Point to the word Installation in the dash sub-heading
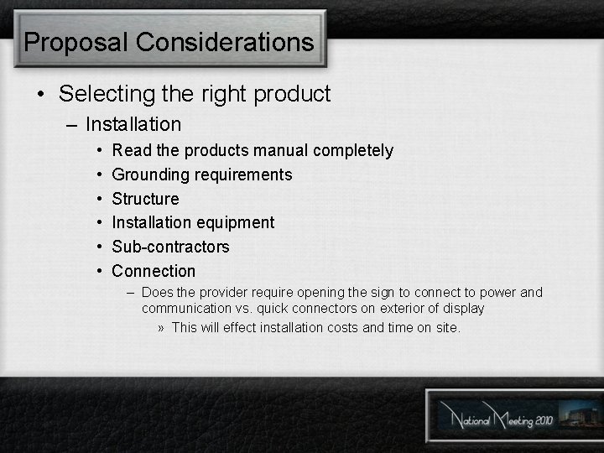pyautogui.click(x=133, y=124)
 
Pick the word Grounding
pyautogui.click(x=149, y=175)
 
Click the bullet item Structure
pyautogui.click(x=145, y=199)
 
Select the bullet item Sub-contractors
pyautogui.click(x=170, y=247)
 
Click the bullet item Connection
pyautogui.click(x=154, y=271)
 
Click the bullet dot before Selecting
pyautogui.click(x=41, y=95)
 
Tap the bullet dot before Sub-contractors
pyautogui.click(x=99, y=247)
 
